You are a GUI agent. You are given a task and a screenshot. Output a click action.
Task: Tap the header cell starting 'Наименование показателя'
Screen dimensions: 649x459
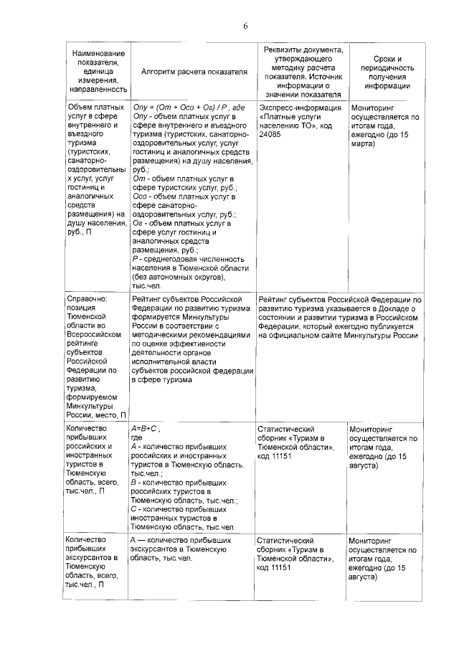[x=95, y=72]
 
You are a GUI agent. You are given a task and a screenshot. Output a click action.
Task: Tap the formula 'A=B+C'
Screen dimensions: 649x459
[x=144, y=428]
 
